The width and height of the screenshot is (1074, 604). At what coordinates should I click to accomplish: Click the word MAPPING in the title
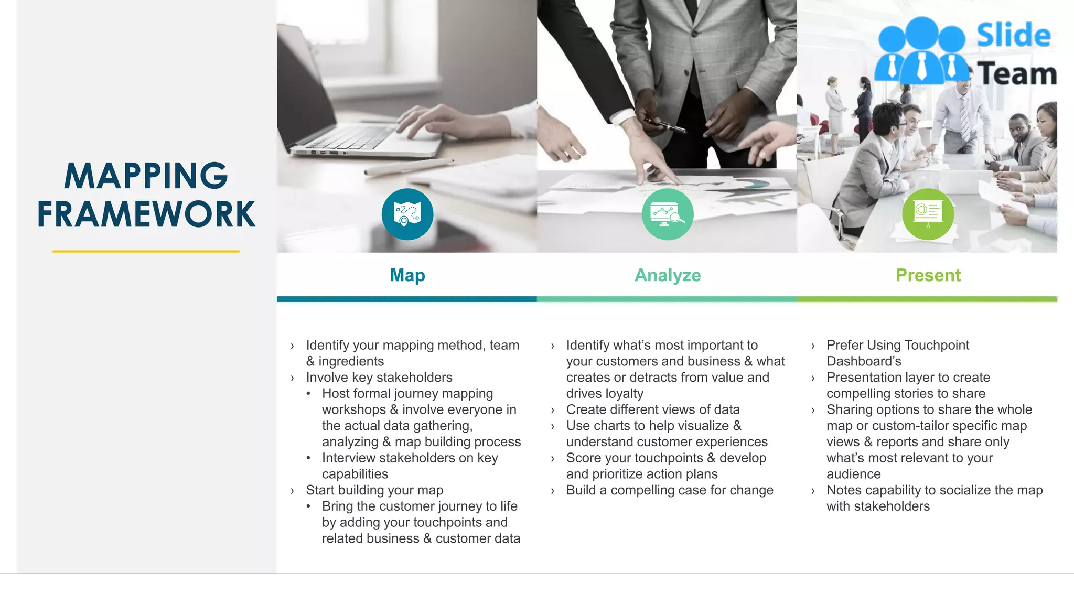146,176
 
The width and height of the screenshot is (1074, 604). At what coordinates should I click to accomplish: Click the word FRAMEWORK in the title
146,214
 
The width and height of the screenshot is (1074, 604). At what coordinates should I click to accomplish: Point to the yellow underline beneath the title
146,252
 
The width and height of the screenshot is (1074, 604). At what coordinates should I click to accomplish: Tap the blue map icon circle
407,214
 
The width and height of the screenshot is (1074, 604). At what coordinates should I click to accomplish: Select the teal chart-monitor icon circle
668,214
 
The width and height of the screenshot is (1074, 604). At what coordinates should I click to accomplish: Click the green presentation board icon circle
928,214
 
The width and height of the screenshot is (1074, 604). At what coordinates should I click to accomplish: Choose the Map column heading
407,275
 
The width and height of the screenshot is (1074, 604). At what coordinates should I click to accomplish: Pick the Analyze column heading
668,275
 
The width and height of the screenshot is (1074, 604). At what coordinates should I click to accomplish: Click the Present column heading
928,275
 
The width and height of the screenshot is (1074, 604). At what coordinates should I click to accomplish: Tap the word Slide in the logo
1013,36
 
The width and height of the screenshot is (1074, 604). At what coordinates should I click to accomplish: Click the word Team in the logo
1016,73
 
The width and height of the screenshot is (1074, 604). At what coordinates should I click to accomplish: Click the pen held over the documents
665,125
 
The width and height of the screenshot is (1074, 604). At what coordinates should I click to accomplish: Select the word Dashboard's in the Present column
864,361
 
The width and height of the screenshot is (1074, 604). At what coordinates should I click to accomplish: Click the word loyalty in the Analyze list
624,394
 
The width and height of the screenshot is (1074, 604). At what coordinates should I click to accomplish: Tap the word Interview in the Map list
349,458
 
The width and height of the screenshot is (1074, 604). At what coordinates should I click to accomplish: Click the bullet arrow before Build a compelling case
552,491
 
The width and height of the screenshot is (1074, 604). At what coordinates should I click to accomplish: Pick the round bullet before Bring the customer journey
308,506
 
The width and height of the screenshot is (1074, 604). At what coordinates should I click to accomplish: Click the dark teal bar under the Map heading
406,299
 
